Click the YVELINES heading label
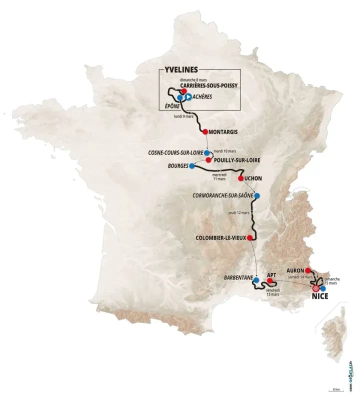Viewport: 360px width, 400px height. coord(181,70)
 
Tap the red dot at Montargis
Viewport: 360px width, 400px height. coord(205,131)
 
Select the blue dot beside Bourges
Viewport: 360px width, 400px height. coord(191,166)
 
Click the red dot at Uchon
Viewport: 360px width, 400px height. coord(240,178)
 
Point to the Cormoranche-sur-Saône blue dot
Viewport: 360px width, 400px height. coord(256,195)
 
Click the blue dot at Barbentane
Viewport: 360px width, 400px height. coord(255,280)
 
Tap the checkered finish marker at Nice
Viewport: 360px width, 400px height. coord(316,288)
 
